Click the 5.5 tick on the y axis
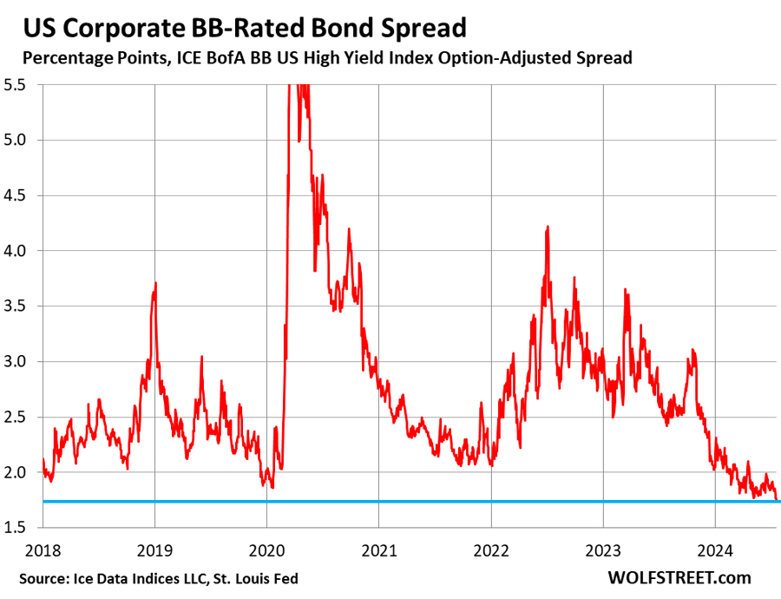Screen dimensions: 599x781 coord(15,85)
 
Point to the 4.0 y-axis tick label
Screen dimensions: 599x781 coord(15,251)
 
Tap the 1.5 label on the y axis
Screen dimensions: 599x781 coord(15,528)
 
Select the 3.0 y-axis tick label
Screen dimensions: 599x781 coord(15,362)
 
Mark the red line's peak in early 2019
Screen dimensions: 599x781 coord(155,283)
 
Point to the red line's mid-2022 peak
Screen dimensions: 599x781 coord(548,227)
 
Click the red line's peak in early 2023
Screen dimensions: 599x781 coord(626,290)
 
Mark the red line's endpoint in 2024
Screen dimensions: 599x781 coord(778,499)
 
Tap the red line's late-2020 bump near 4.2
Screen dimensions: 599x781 coord(349,229)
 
